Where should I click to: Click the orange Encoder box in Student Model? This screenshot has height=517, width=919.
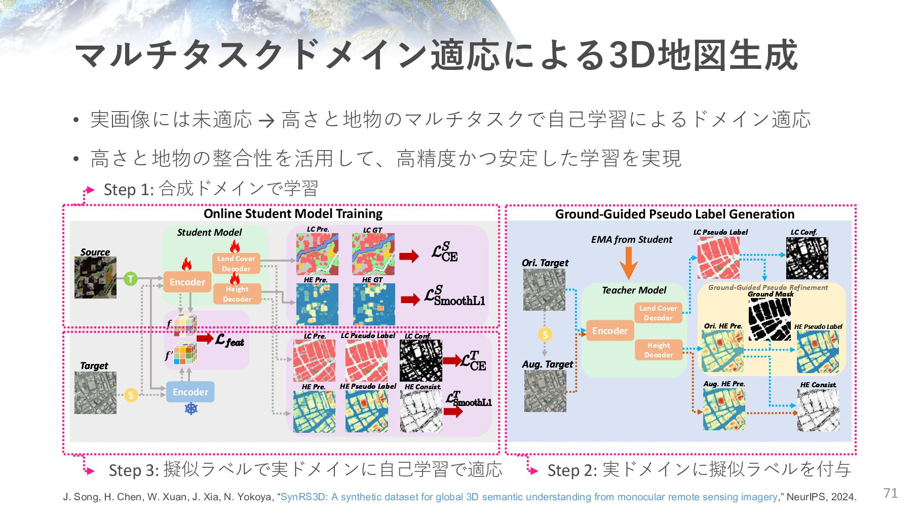(187, 282)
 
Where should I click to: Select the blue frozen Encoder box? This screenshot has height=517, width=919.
(190, 392)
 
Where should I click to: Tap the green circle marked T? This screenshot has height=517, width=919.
(131, 278)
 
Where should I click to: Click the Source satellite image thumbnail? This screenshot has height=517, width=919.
(95, 277)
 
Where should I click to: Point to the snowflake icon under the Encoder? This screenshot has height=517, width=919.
(191, 409)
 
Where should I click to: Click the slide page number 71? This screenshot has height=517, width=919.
(890, 493)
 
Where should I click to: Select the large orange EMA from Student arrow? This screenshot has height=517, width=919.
(628, 263)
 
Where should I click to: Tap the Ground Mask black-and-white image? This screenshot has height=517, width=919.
(770, 319)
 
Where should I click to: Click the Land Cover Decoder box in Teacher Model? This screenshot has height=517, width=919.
(658, 313)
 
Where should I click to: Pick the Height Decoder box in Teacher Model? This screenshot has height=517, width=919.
(658, 350)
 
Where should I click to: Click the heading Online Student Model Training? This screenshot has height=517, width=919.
(293, 213)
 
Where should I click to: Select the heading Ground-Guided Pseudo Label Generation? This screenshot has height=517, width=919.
(674, 214)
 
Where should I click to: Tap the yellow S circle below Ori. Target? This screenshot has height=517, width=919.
(545, 335)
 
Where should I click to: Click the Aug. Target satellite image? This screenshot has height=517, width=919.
(545, 391)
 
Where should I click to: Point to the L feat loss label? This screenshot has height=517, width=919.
(229, 340)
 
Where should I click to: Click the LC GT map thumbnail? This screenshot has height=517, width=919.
(373, 254)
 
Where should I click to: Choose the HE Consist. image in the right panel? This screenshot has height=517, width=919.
(818, 410)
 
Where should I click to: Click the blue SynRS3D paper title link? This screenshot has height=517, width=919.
(528, 497)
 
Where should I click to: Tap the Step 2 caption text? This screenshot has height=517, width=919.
(699, 470)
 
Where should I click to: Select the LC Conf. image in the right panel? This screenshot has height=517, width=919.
(807, 258)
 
